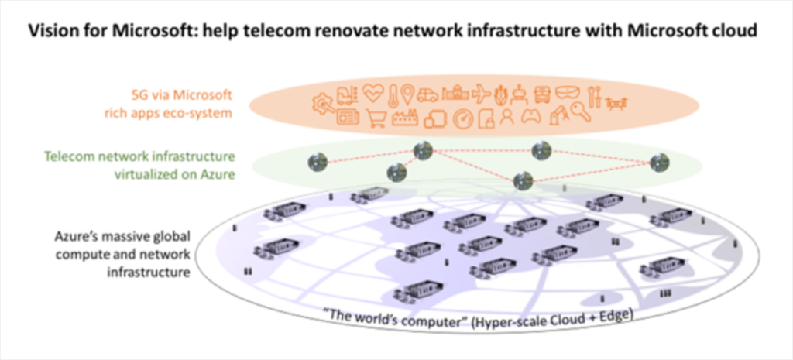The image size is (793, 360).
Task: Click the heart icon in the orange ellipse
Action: (x=372, y=94)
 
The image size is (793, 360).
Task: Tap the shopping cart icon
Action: (x=376, y=118)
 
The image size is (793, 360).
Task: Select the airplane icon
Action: (x=480, y=94)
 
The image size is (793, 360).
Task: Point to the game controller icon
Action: (x=529, y=118)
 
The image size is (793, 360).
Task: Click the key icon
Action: (x=580, y=114)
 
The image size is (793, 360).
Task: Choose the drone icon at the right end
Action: (x=617, y=101)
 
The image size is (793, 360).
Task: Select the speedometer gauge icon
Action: (x=462, y=118)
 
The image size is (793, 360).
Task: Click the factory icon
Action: (x=405, y=118)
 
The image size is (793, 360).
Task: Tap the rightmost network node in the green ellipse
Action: (x=659, y=162)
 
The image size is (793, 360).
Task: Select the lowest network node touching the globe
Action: (x=524, y=181)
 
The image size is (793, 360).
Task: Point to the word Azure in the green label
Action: (x=218, y=174)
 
